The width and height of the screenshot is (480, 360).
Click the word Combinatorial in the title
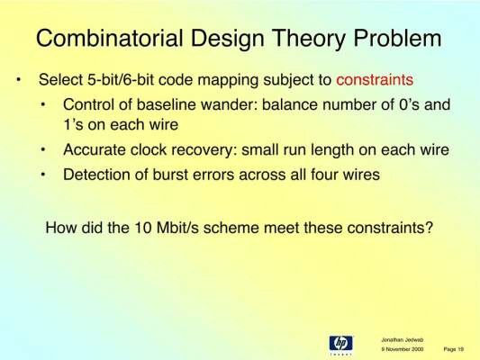(x=110, y=38)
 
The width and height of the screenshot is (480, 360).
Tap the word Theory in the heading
(x=309, y=39)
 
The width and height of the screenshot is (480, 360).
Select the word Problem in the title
(x=398, y=38)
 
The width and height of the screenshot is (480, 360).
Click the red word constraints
(x=375, y=80)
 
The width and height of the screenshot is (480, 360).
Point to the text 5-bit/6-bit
(x=121, y=80)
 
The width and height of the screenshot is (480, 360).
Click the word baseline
(x=167, y=104)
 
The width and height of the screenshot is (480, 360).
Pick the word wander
(x=229, y=105)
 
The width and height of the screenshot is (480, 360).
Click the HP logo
(x=341, y=344)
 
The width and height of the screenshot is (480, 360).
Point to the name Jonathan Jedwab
(x=403, y=340)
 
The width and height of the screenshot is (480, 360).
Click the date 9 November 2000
(x=403, y=349)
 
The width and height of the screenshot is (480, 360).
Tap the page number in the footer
(x=454, y=349)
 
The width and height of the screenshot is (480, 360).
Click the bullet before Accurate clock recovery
(x=43, y=150)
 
